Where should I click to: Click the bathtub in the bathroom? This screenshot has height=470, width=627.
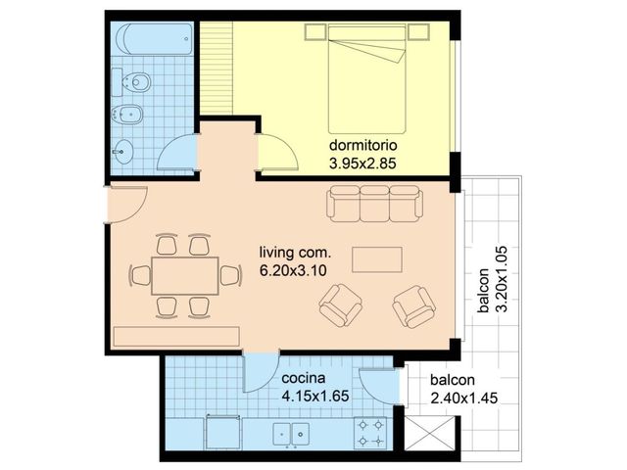point(154,39)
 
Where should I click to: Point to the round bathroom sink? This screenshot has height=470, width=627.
point(123,152)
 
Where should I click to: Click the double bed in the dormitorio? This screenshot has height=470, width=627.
point(366,78)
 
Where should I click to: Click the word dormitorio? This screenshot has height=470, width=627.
point(363,145)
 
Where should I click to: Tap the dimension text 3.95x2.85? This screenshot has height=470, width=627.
point(362,164)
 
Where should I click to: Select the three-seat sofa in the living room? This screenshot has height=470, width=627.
point(374,204)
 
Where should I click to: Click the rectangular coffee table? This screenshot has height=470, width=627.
point(377,259)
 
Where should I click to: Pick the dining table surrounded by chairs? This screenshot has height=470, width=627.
point(185,276)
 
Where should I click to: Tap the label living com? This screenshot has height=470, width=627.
point(296,253)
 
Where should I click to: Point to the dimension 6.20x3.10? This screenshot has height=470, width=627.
point(293,271)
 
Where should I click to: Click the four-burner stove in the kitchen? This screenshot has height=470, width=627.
point(370,433)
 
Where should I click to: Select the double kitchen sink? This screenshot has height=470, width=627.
point(291,434)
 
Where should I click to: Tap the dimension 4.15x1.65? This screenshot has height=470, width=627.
point(315,396)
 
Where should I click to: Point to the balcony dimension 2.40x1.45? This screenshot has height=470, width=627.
point(464,399)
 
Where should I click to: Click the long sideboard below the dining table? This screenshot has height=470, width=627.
point(176,337)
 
